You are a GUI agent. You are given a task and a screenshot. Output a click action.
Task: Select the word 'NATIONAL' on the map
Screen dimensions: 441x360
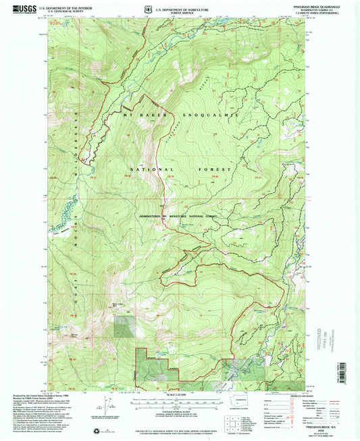[x=152, y=168]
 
